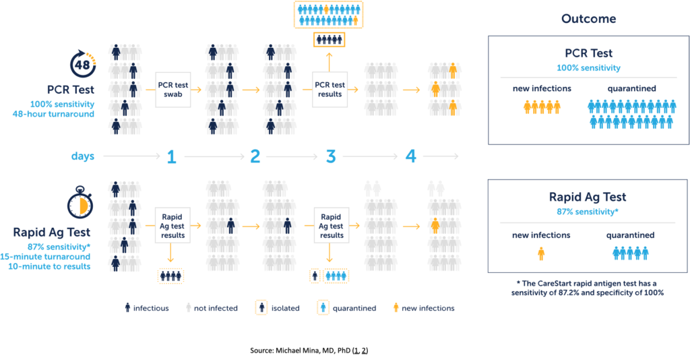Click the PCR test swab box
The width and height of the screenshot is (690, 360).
pos(173,89)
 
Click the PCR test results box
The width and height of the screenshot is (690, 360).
pos(330,89)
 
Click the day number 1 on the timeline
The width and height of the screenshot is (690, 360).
pos(171,157)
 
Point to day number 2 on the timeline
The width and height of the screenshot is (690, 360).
pos(255,157)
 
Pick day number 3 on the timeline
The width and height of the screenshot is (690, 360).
pos(331,157)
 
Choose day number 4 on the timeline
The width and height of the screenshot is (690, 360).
pos(410,157)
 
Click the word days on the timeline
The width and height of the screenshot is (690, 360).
pos(83,156)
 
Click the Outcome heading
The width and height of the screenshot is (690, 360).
pos(588,19)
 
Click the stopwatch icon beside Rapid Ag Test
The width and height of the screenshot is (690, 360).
pos(81,204)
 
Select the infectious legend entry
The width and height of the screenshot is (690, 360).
pos(142,308)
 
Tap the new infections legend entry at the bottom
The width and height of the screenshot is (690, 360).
pos(422,308)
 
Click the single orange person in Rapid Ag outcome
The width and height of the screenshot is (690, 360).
pos(540,254)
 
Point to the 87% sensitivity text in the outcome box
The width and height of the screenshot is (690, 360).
pos(588,212)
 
